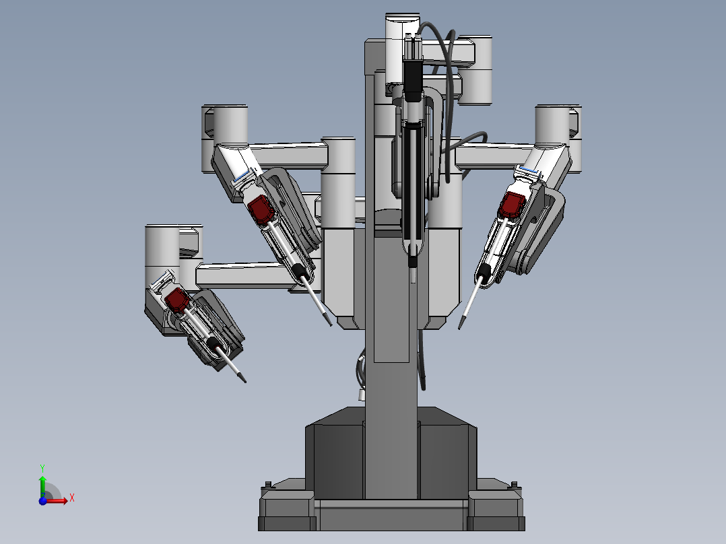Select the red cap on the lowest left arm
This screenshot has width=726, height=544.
[177, 299]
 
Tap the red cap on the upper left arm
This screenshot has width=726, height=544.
[259, 209]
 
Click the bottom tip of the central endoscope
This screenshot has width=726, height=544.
[413, 277]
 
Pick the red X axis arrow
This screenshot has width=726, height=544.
[59, 500]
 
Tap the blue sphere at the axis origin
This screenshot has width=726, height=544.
[43, 500]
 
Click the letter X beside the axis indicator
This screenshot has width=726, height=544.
[71, 498]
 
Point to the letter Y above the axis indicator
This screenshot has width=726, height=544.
[42, 467]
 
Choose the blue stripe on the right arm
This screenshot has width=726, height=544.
[529, 172]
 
